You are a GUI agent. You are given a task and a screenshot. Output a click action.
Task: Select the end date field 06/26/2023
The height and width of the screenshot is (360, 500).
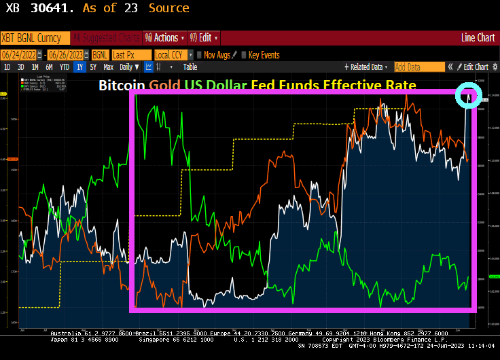click(66, 54)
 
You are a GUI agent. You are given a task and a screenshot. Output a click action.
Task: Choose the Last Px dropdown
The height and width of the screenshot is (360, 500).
click(130, 54)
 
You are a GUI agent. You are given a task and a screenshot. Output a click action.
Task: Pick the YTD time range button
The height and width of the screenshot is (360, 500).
click(64, 67)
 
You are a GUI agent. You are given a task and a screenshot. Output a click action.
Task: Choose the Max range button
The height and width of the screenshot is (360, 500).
click(109, 67)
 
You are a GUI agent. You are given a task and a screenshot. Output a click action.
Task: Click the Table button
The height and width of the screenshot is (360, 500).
click(190, 67)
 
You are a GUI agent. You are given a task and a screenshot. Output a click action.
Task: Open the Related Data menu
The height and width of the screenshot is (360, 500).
click(368, 67)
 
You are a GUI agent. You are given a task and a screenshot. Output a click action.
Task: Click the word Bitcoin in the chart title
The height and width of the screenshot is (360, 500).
click(122, 86)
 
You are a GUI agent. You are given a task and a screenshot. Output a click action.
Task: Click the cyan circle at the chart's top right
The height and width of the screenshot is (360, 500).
click(468, 94)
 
